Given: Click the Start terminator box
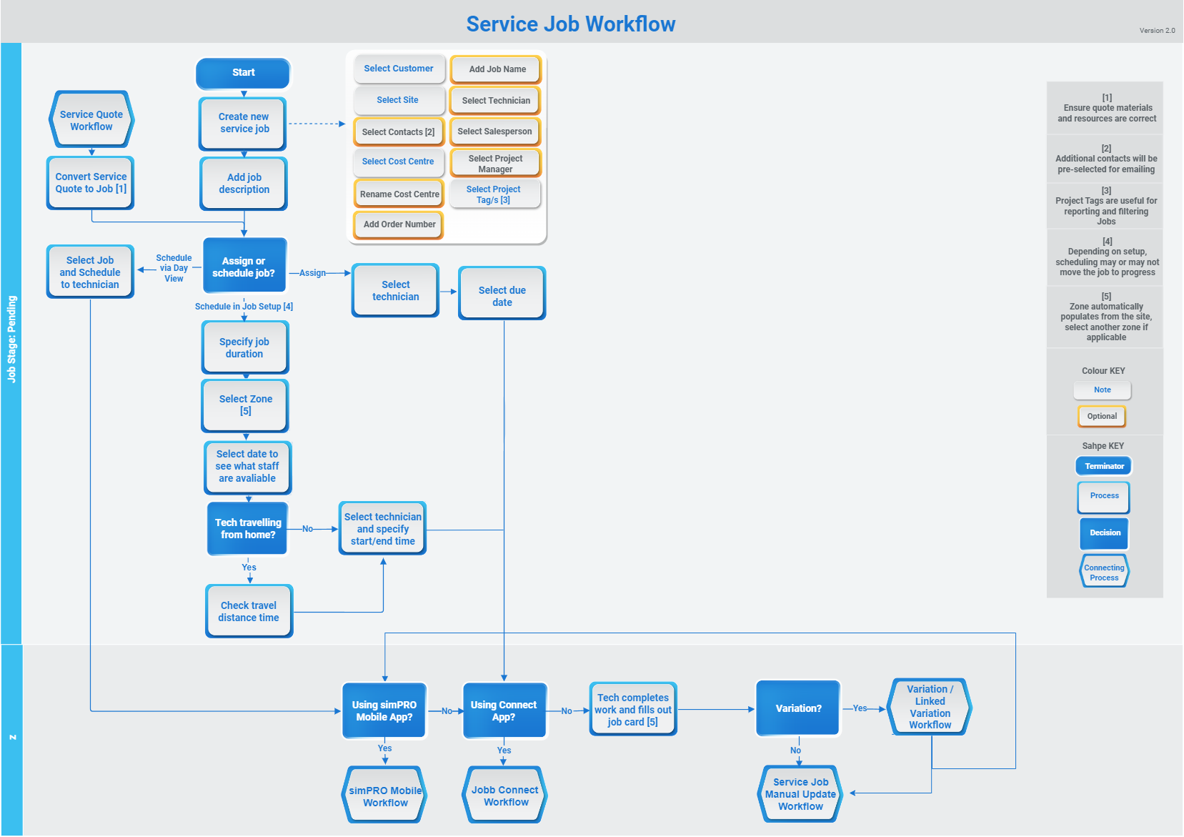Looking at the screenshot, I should point(243,73).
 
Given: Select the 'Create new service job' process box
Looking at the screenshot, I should point(244,123).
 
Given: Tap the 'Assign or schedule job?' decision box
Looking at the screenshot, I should point(244,267).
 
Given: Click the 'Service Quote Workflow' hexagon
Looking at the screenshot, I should point(91,120).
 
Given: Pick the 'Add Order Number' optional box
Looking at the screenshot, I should point(399,224).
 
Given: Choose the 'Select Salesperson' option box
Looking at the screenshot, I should point(494,132).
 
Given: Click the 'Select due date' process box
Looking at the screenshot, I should point(502,295).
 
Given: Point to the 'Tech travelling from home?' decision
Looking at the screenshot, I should point(247,529).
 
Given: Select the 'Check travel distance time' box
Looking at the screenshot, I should point(249,611).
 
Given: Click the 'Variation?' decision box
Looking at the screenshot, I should point(798,708).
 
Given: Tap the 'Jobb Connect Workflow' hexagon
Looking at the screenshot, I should point(505,796).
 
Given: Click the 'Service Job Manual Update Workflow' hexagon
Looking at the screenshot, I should point(800,794).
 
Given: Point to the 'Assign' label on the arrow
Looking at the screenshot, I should point(312,273).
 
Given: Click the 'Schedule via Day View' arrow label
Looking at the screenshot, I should point(174,268).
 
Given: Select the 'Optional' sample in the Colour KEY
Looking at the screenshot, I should point(1102,416).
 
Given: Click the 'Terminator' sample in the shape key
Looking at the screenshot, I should point(1104,466).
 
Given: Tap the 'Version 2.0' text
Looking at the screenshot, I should point(1157,31).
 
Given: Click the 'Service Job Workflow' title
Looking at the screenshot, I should point(570,24).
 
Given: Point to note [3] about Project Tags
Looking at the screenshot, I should point(1106,206).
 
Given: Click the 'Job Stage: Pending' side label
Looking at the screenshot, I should point(11,339).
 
